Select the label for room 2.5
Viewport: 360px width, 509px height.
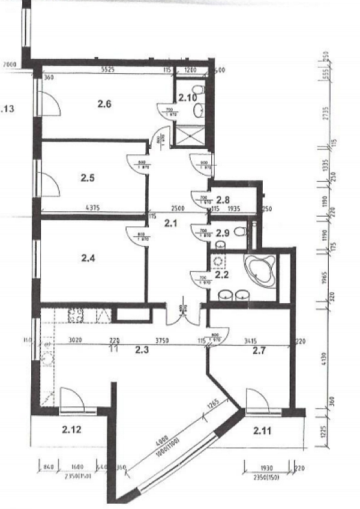coord(89,178)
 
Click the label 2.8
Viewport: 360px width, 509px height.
coord(223,200)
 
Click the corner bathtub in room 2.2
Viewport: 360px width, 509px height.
coord(260,268)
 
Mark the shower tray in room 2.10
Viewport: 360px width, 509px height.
coord(190,136)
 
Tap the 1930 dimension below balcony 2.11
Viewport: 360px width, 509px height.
coord(265,467)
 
